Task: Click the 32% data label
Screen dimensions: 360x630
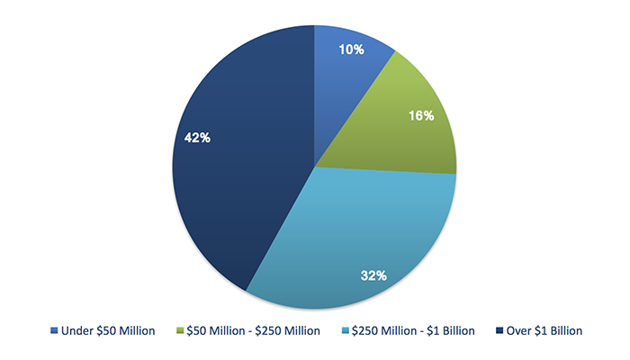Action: click(x=373, y=274)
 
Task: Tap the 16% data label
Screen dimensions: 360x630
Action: click(x=421, y=116)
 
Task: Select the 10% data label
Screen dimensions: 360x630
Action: click(x=351, y=49)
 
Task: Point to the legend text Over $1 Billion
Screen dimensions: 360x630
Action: click(x=544, y=331)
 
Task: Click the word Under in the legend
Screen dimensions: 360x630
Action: click(x=77, y=331)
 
